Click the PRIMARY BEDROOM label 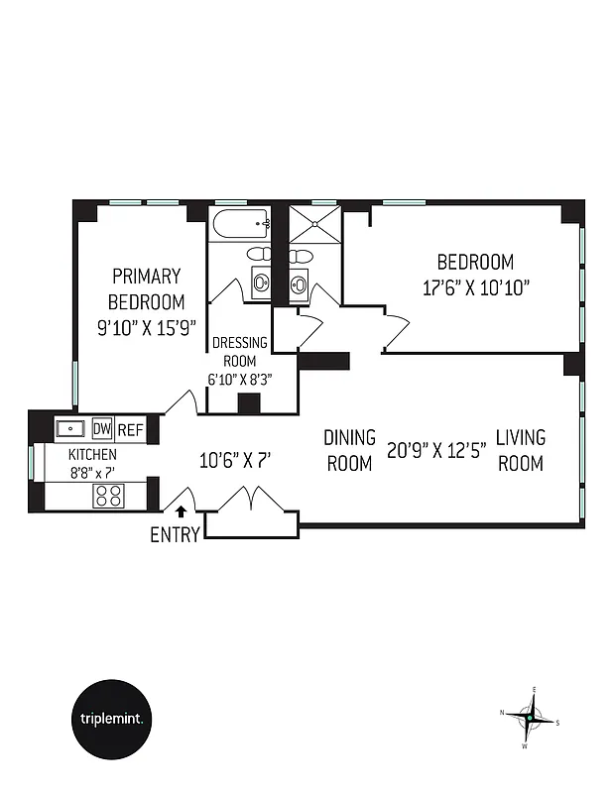146,288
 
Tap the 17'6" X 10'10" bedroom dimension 475,287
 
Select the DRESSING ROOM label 239,352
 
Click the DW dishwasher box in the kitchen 102,429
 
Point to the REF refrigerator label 131,430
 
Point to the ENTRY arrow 182,512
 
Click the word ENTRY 175,535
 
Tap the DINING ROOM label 349,450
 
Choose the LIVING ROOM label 521,449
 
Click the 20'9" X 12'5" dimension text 435,450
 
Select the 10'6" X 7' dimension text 235,460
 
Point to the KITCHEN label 92,454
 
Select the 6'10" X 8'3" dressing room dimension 239,378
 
